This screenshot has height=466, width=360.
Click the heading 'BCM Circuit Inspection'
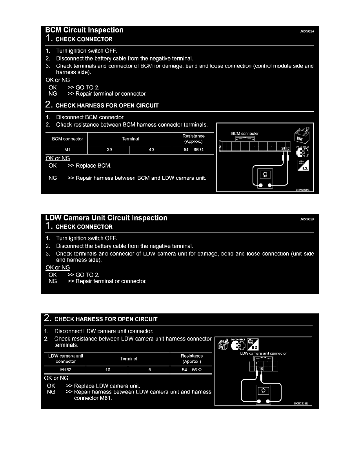[84, 30]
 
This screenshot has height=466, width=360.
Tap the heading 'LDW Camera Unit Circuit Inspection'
[106, 218]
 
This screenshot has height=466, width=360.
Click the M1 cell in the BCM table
[67, 149]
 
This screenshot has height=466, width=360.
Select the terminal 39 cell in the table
[108, 149]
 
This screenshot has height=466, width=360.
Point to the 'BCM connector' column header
[67, 139]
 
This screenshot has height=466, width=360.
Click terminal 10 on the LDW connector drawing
[261, 369]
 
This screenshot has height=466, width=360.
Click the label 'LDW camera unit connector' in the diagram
[264, 353]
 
